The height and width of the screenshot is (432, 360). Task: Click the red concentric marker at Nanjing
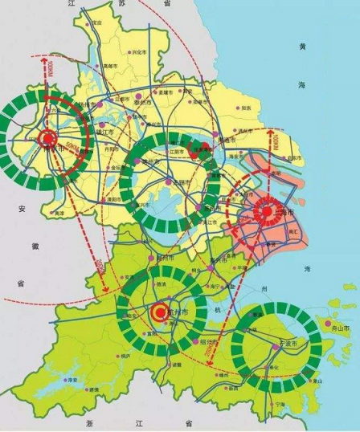(x=47, y=137)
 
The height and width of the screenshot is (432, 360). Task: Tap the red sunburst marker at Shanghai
(x=264, y=211)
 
